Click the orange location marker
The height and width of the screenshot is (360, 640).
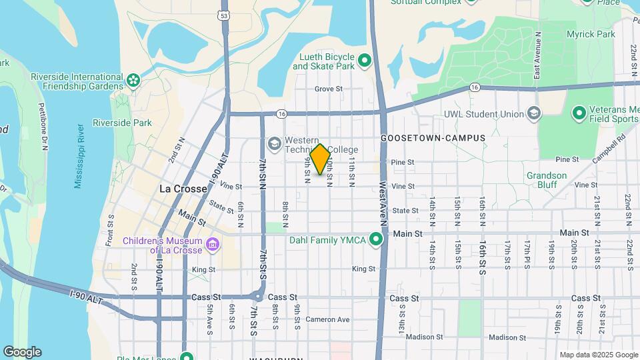point(321,159)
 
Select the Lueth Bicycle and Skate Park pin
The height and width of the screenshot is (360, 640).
point(365,61)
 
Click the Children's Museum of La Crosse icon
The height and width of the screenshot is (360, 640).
point(213,245)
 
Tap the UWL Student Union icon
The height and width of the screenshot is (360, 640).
point(533,114)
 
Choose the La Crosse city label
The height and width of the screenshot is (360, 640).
point(183,189)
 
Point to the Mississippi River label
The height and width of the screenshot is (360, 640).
point(79,155)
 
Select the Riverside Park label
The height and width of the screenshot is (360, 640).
point(122,123)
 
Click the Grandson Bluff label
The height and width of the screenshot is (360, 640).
point(546,180)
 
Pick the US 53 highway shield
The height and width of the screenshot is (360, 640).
point(223,14)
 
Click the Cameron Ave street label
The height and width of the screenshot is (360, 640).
point(327,319)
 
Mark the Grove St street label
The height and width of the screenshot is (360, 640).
point(328,89)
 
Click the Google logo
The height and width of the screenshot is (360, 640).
point(22,351)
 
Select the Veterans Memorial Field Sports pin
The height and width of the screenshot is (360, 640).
point(578,113)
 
